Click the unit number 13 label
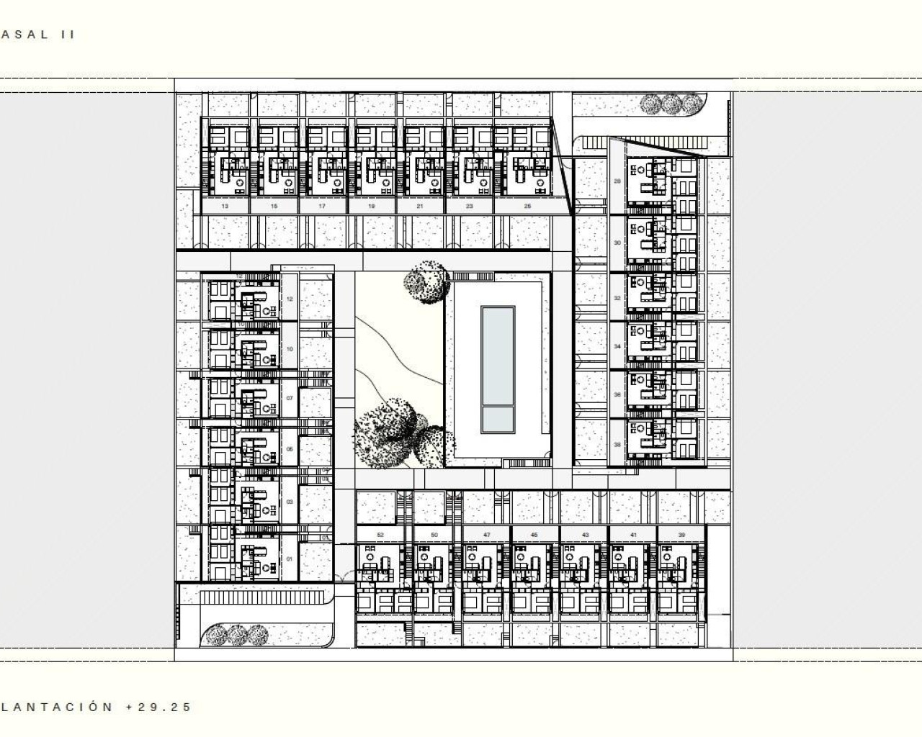(225, 207)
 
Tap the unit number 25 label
(527, 207)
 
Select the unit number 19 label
(372, 207)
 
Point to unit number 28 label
(617, 181)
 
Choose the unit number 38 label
(617, 445)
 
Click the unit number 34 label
(617, 346)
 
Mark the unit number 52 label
(380, 535)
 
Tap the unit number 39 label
(682, 535)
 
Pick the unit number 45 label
(534, 535)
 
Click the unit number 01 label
(290, 559)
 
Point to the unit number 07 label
(290, 398)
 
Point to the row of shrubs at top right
(671, 104)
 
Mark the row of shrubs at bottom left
(235, 635)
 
